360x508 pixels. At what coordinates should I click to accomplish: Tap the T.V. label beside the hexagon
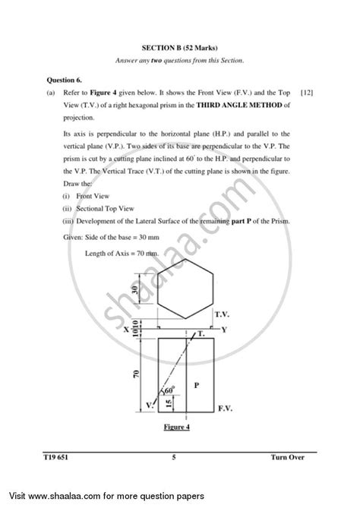pyautogui.click(x=223, y=312)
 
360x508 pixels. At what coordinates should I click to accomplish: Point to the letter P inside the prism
pyautogui.click(x=196, y=385)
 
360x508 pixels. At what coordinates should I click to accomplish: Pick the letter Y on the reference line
pyautogui.click(x=224, y=330)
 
